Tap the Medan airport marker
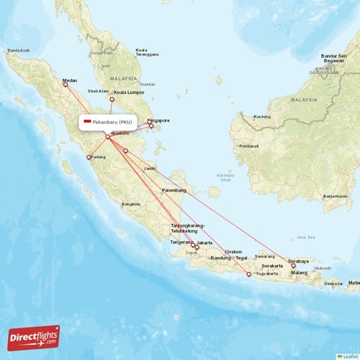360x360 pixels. (x=65, y=84)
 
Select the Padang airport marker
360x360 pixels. (x=89, y=157)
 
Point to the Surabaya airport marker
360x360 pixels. (x=293, y=266)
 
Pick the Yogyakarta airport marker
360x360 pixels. (x=248, y=274)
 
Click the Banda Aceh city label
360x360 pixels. (x=18, y=50)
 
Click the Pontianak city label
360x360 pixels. (x=249, y=146)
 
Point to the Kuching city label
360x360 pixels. (x=261, y=117)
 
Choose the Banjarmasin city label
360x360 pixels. (x=335, y=196)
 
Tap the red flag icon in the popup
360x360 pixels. (x=87, y=122)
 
